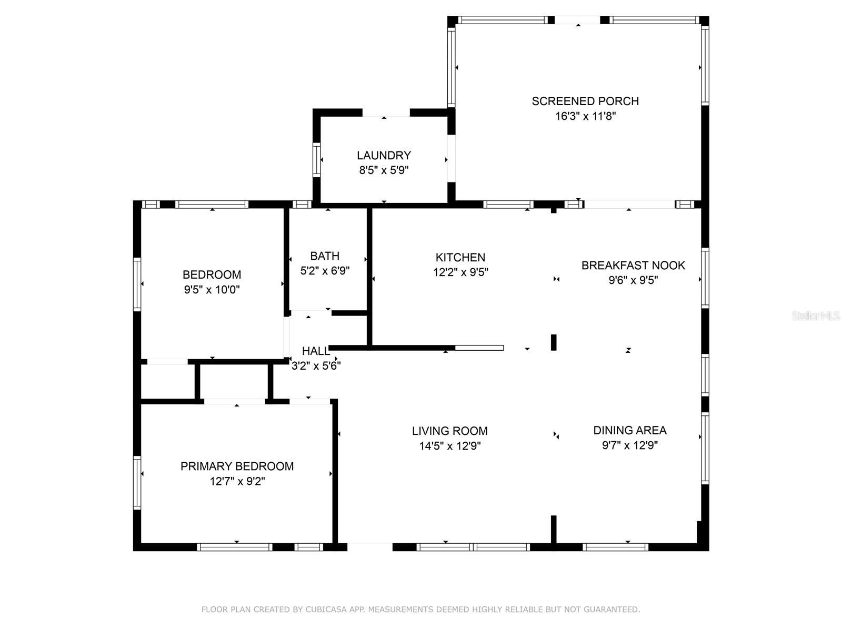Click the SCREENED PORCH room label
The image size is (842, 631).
point(585,101)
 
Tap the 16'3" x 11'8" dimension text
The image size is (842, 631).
point(585,116)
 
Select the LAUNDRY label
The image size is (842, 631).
point(384,155)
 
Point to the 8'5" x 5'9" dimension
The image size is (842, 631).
point(384,170)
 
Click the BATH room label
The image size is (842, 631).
point(325,256)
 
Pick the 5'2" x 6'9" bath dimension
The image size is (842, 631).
point(325,271)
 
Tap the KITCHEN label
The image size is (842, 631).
point(460,257)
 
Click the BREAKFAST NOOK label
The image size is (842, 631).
point(633,265)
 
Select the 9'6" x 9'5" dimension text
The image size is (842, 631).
point(633,280)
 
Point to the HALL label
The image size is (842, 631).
point(315,351)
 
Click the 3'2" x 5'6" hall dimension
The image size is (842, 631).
point(316,366)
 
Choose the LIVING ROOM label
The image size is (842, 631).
point(449,431)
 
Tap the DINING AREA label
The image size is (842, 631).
point(630,430)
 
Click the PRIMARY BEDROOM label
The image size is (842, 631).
point(237,466)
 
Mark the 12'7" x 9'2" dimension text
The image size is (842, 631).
point(237,481)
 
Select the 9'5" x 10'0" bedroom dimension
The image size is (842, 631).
point(212,290)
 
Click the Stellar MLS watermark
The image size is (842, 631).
point(816,315)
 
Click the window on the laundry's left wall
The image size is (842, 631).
point(316,160)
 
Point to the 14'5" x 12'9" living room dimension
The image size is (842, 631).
point(449,446)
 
